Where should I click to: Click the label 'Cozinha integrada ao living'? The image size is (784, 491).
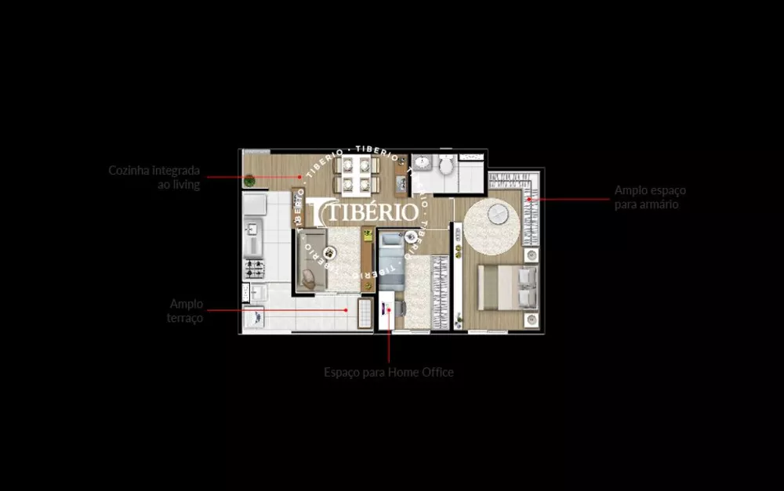(x=154, y=177)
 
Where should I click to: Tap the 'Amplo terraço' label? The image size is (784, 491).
(x=187, y=310)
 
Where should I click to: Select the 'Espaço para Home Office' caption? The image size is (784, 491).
(x=388, y=373)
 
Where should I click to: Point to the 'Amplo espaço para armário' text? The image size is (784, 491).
(x=650, y=197)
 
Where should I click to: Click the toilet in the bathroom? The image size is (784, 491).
(x=445, y=166)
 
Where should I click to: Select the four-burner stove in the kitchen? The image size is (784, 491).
(x=256, y=270)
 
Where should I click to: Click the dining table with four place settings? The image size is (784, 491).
(x=356, y=175)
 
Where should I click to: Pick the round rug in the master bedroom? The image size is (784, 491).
(x=492, y=226)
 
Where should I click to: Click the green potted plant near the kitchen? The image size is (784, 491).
(x=249, y=181)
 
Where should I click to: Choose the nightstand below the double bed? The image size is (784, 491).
(x=532, y=319)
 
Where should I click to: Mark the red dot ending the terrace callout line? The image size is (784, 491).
(x=346, y=310)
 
